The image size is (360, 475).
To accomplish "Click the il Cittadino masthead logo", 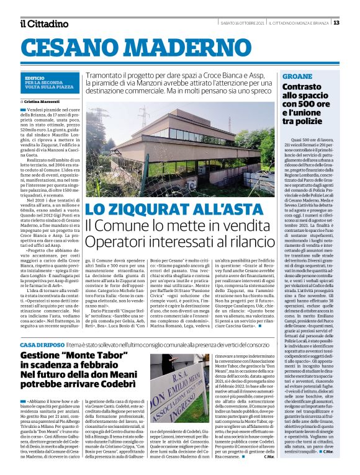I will (x=43, y=24).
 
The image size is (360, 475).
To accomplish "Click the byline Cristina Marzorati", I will (x=44, y=100).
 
